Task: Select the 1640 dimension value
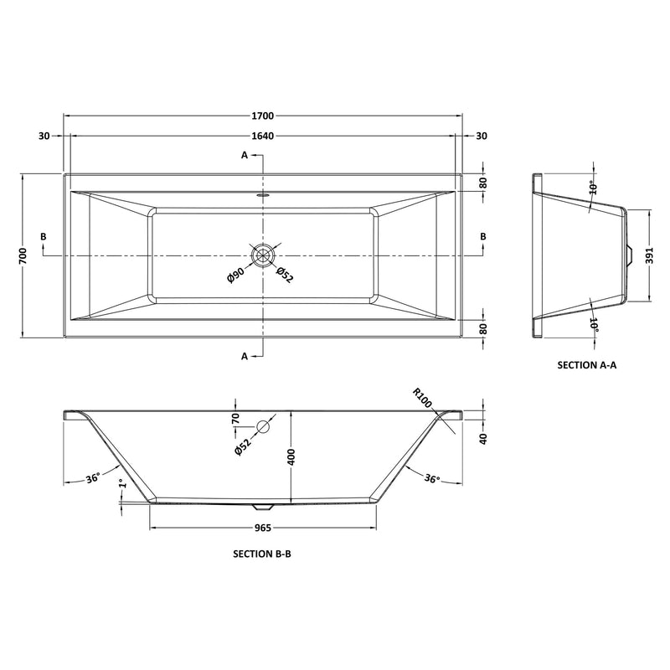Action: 263,137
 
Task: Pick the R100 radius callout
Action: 422,398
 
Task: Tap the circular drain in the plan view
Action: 264,255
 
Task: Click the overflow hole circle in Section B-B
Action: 264,427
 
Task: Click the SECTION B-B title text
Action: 261,554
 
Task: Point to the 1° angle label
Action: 122,485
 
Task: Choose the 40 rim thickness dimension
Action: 485,439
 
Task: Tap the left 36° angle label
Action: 93,478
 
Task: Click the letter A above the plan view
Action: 245,155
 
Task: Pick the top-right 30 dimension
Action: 482,137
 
